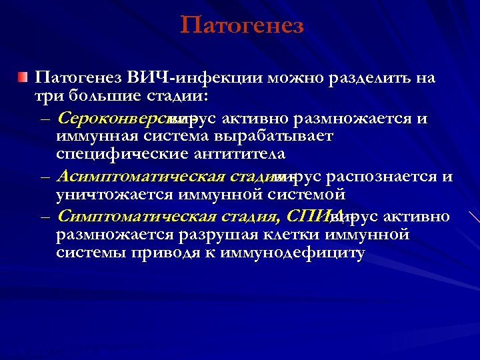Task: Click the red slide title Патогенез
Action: tap(241, 25)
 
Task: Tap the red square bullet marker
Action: tap(23, 79)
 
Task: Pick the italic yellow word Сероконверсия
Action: tap(112, 119)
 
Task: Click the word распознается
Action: tap(380, 177)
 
